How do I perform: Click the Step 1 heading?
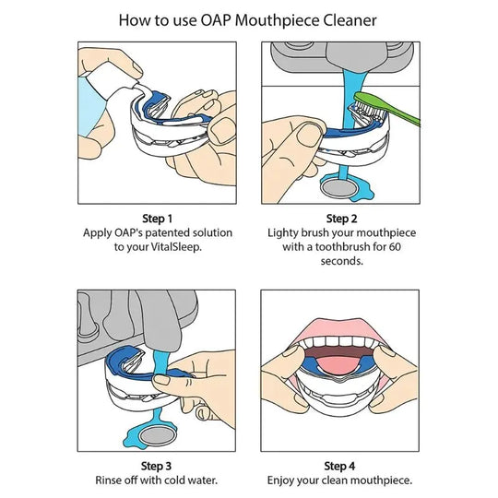click(156, 219)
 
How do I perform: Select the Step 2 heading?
click(340, 219)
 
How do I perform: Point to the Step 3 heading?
click(156, 465)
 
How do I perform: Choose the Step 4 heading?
click(340, 465)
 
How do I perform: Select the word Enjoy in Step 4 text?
click(282, 480)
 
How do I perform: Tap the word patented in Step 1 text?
click(160, 233)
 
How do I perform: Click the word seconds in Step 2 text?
click(340, 261)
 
